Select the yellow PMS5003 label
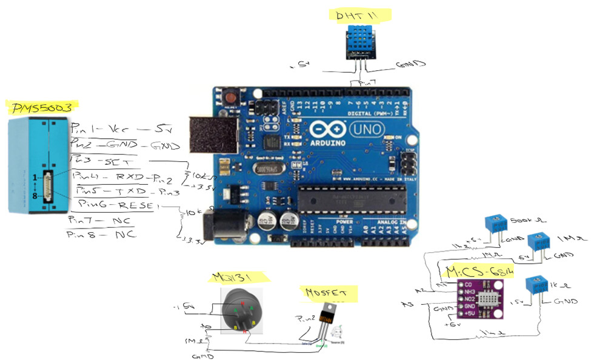42,108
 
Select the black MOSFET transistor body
326,315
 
